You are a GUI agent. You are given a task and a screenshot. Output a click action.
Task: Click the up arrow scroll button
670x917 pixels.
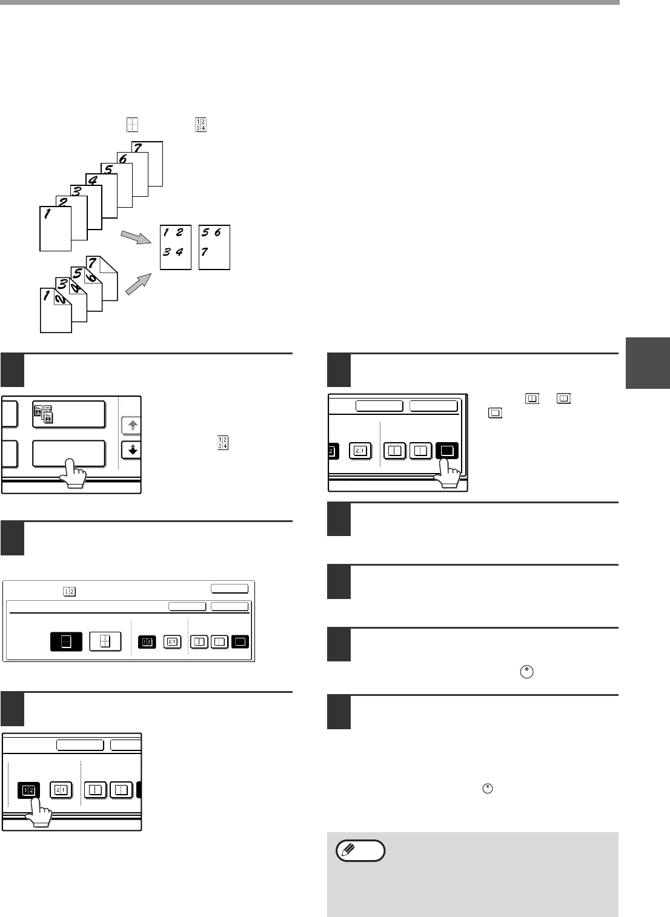(131, 426)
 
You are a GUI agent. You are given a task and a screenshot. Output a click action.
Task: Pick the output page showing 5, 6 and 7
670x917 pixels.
(214, 247)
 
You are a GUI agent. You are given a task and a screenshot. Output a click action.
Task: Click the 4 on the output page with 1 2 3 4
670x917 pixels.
(180, 253)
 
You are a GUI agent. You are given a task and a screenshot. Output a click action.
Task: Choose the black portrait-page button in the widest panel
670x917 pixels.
(65, 641)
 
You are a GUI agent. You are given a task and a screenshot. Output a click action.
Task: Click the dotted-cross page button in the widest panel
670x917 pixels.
(105, 641)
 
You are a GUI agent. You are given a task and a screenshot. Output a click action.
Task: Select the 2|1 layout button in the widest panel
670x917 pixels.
(172, 641)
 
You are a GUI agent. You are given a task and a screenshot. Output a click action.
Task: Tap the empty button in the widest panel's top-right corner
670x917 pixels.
(229, 588)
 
